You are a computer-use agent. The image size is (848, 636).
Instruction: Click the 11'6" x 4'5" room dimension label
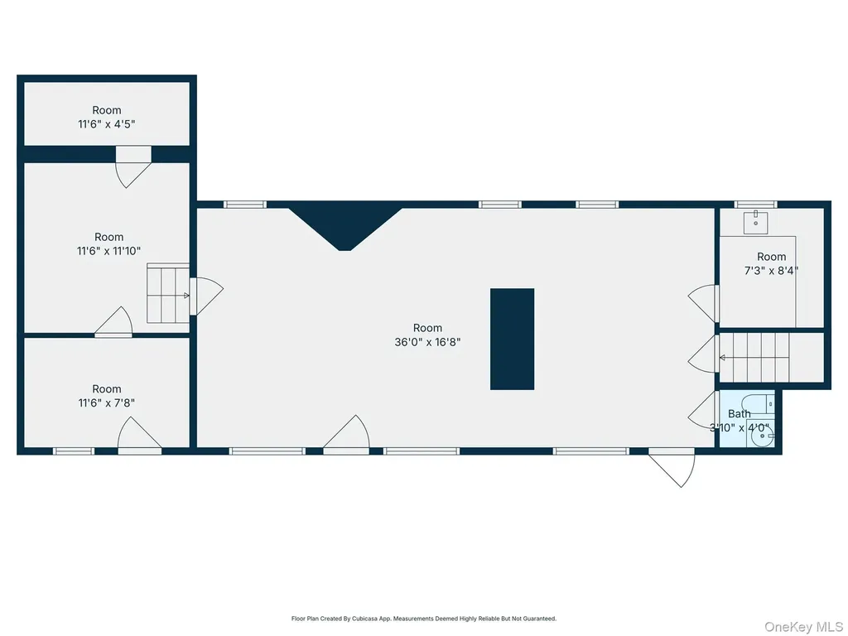(x=107, y=124)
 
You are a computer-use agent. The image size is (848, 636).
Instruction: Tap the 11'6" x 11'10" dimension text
(x=108, y=251)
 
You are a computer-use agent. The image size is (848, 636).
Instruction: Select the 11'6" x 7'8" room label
(x=107, y=403)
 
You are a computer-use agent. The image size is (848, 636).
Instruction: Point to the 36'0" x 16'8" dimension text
(x=428, y=342)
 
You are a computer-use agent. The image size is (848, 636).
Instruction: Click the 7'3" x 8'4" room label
(x=771, y=271)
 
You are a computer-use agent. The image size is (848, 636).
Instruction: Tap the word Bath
(x=740, y=414)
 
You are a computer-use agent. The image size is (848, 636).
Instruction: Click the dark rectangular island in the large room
(x=512, y=339)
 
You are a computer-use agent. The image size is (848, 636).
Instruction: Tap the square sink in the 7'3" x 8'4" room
(x=755, y=223)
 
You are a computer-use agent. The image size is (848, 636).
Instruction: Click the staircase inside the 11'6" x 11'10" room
(x=168, y=294)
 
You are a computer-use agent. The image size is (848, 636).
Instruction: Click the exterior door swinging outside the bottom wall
(x=672, y=467)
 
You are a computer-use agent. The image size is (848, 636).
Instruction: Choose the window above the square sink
(x=755, y=205)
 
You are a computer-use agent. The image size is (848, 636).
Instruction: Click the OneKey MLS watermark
(x=803, y=627)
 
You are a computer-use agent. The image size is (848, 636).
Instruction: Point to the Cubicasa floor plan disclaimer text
(x=424, y=618)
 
